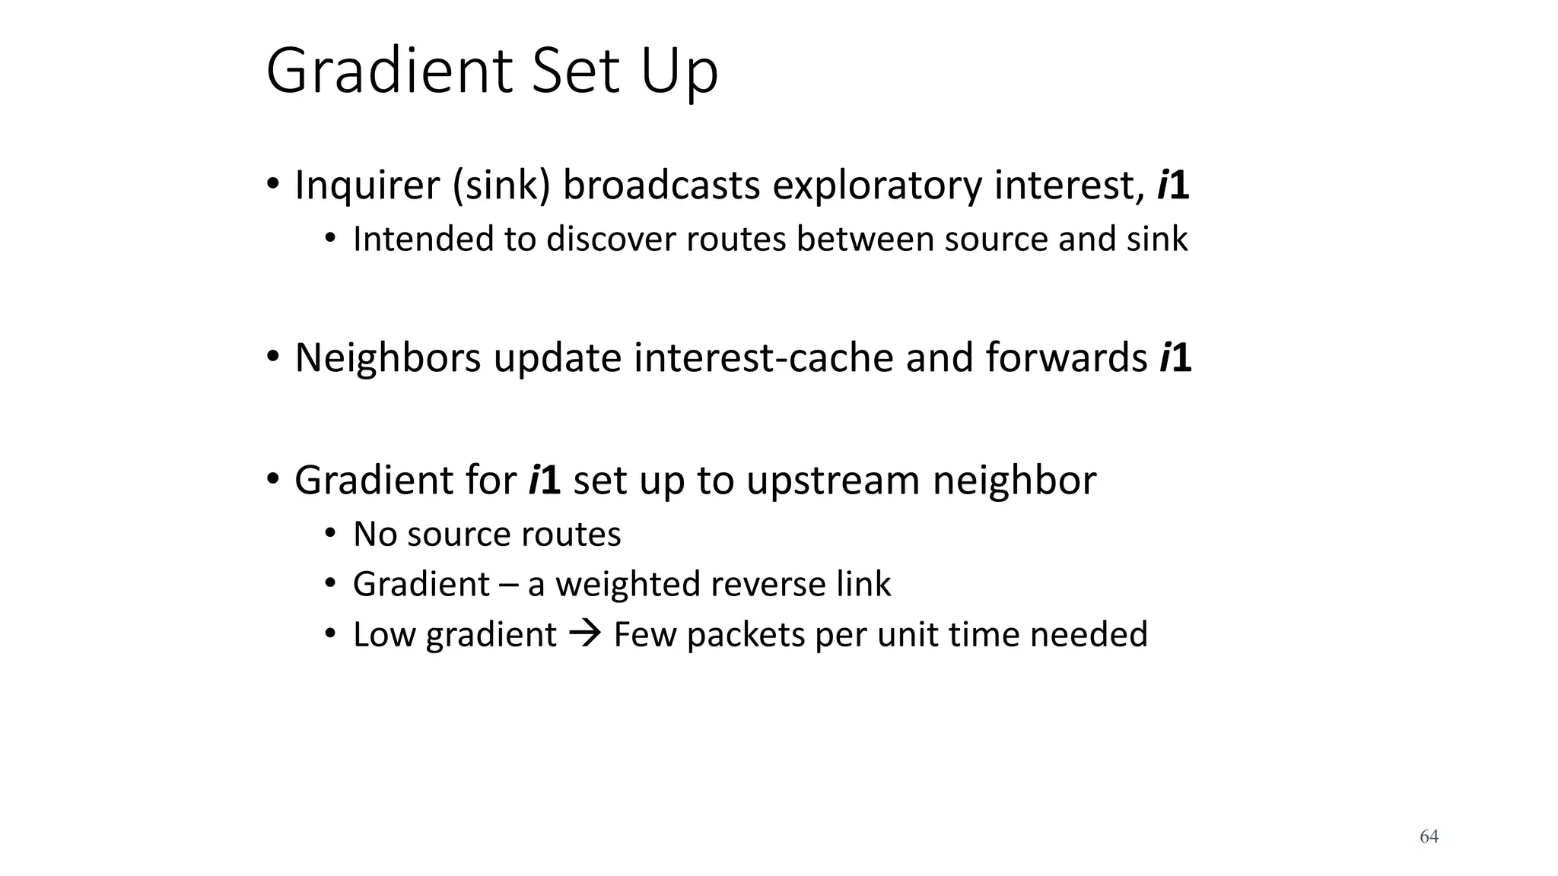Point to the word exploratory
(x=877, y=186)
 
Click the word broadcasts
(x=660, y=185)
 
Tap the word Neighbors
(x=387, y=357)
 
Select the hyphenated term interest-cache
(x=763, y=357)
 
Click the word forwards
(x=1067, y=357)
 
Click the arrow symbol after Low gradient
(x=585, y=633)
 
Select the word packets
(x=745, y=635)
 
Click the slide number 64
(x=1429, y=836)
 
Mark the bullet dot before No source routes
(x=329, y=533)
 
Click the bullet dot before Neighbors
(x=272, y=356)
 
